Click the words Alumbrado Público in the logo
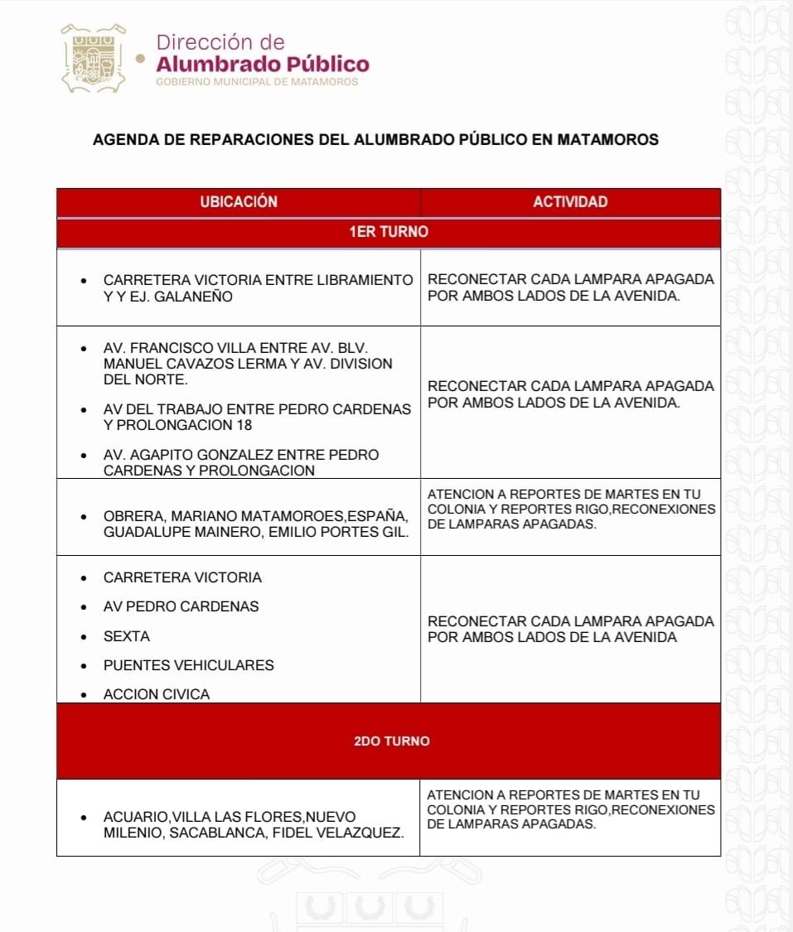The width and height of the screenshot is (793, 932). click(263, 64)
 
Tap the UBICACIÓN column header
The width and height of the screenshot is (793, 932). click(238, 202)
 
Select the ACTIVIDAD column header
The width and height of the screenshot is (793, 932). click(570, 202)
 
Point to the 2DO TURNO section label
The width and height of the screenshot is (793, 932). click(391, 741)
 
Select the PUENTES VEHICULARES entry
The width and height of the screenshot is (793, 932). click(188, 665)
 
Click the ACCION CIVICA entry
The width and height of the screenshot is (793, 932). click(157, 694)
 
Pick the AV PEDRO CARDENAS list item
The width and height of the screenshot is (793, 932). click(181, 606)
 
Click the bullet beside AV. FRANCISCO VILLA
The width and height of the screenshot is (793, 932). click(84, 349)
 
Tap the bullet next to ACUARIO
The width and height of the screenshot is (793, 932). click(84, 817)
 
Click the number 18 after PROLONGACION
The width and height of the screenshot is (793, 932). click(243, 425)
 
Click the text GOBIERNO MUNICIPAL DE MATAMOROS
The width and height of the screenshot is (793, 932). click(257, 82)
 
